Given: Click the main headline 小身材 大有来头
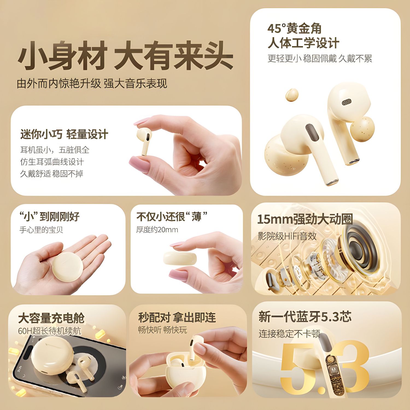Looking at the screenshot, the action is click(x=125, y=56).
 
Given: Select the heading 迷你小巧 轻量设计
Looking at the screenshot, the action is click(x=64, y=134).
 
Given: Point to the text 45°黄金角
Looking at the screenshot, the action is click(x=294, y=29).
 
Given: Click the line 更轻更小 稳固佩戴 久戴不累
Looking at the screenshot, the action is click(x=320, y=58).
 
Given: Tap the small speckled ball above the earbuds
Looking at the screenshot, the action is click(x=292, y=95).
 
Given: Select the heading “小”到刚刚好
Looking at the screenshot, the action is click(x=49, y=216).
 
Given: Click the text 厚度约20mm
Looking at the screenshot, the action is click(x=157, y=230).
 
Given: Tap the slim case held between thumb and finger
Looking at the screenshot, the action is click(x=180, y=258).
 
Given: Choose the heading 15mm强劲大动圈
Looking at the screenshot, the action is click(x=305, y=219).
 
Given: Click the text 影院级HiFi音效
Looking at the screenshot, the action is click(x=287, y=236).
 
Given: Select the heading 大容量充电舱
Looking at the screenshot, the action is click(x=51, y=318).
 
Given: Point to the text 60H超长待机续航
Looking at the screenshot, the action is click(x=49, y=331).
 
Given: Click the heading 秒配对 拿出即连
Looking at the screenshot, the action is click(x=177, y=317).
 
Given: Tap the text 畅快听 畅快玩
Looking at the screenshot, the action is click(x=162, y=330).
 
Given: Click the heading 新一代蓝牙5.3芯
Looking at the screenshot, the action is click(x=305, y=317).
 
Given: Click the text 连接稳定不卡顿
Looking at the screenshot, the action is click(x=289, y=333).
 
